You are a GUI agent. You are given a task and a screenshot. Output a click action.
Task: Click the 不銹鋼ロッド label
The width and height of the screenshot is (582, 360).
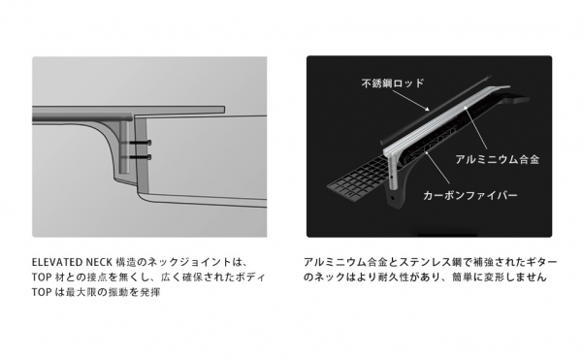[x=392, y=82]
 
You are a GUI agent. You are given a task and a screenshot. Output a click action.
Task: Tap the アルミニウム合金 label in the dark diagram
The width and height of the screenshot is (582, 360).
[x=497, y=159]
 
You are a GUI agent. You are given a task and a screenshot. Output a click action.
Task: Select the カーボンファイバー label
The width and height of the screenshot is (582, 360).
[x=469, y=195]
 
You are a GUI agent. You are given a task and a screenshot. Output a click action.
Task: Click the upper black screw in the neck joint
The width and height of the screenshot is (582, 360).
[x=136, y=143]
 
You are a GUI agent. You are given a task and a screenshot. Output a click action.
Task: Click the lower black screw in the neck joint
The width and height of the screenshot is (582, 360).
[x=136, y=157]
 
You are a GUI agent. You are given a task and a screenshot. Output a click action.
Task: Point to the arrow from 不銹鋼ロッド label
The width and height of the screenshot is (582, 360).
[x=410, y=100]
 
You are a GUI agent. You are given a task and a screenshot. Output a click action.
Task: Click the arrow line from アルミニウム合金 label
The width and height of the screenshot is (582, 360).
[x=475, y=128]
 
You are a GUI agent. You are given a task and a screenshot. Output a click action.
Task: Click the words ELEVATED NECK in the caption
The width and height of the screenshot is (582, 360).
[x=72, y=262]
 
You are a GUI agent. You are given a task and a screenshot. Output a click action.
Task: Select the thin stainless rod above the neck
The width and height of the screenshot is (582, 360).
[x=436, y=111]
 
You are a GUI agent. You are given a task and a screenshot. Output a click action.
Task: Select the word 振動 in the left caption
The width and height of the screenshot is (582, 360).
[x=117, y=292]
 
